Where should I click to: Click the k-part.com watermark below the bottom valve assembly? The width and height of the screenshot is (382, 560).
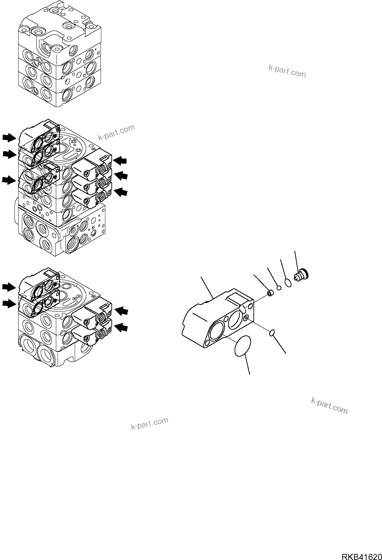coord(149,423)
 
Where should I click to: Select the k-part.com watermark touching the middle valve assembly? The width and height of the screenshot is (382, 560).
coord(116,132)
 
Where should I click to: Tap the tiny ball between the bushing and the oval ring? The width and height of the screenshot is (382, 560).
coord(279,287)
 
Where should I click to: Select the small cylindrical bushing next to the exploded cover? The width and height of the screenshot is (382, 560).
coord(270,294)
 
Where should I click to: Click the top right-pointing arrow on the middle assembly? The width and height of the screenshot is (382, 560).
coord(9,137)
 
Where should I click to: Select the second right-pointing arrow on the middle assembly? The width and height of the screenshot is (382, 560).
coord(9,154)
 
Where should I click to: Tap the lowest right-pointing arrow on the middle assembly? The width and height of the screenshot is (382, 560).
coord(9,180)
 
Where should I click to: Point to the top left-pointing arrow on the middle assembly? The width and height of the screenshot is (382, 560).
coord(120,161)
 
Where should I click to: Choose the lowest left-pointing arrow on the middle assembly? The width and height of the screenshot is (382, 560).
coord(121,192)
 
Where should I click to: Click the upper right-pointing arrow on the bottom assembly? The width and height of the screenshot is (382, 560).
coord(9,287)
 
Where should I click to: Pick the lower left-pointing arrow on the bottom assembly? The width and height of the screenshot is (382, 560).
coord(121,326)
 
